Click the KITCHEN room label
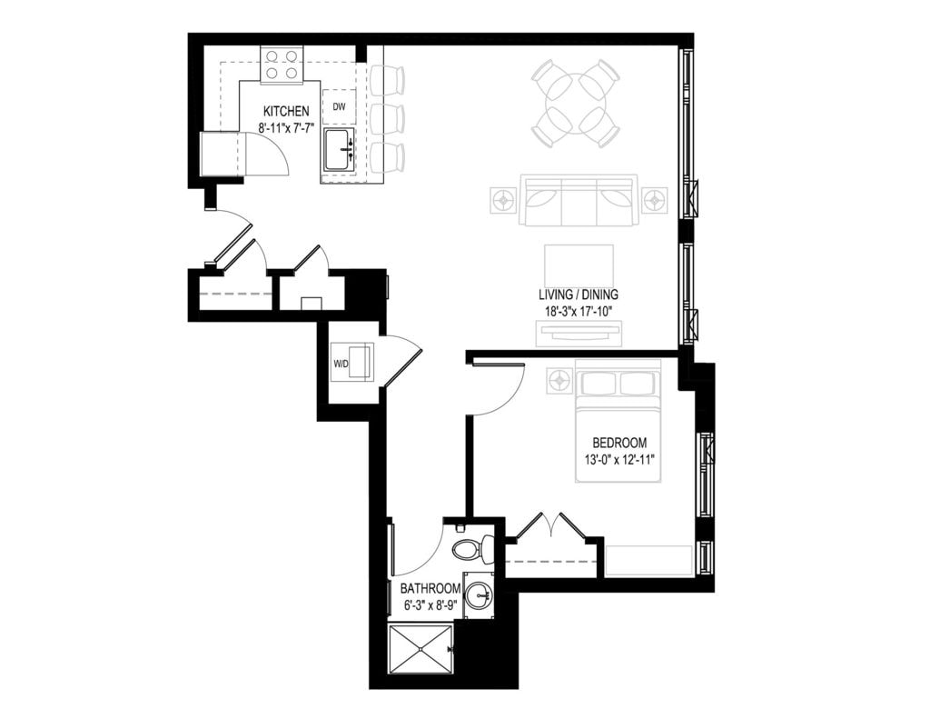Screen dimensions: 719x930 [x=286, y=112]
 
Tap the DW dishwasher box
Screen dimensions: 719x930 [x=339, y=106]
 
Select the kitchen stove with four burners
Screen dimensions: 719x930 [x=282, y=65]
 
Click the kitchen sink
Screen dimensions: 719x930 [x=339, y=149]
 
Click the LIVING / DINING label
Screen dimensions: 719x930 [x=578, y=295]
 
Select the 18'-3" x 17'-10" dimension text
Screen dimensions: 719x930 [x=578, y=311]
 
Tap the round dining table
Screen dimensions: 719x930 [x=574, y=103]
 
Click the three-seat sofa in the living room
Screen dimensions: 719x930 [x=578, y=200]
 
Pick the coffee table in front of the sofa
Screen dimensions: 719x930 [x=578, y=265]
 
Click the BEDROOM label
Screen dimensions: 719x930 [x=618, y=443]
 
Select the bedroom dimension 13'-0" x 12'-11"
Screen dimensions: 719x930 [x=618, y=459]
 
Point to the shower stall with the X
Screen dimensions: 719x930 [x=420, y=648]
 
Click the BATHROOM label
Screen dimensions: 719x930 [x=430, y=588]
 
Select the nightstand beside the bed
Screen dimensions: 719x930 [x=558, y=382]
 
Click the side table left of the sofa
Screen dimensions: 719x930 [x=503, y=200]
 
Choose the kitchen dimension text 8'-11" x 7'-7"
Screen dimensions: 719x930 [x=286, y=128]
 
